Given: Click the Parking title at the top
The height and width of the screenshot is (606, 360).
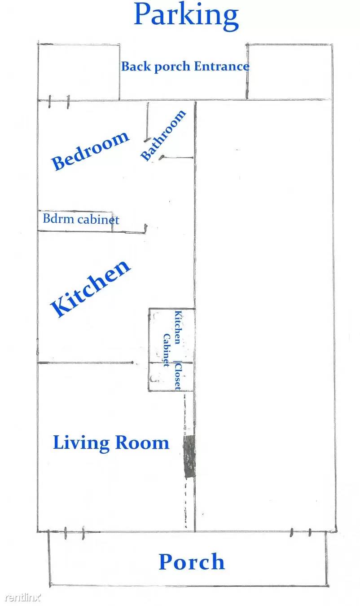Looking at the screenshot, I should pyautogui.click(x=186, y=15).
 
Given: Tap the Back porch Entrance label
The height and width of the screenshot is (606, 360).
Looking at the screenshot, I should pyautogui.click(x=185, y=66).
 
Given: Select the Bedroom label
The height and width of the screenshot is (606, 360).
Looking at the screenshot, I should pyautogui.click(x=90, y=150).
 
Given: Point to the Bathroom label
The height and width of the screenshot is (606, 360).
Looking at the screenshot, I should pyautogui.click(x=163, y=135).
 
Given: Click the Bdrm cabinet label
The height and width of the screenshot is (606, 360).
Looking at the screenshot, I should pyautogui.click(x=81, y=220).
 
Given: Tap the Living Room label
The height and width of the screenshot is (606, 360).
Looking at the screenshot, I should pyautogui.click(x=111, y=442).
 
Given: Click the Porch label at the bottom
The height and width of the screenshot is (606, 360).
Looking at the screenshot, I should pyautogui.click(x=192, y=562).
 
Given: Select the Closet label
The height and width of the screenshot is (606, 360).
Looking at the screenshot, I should pyautogui.click(x=178, y=375).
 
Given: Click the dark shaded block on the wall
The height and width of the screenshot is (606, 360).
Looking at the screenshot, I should pyautogui.click(x=190, y=456).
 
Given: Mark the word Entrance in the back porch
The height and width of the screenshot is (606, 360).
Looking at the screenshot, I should pyautogui.click(x=222, y=66).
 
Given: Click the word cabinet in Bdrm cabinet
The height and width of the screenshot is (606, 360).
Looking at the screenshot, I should pyautogui.click(x=99, y=220).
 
